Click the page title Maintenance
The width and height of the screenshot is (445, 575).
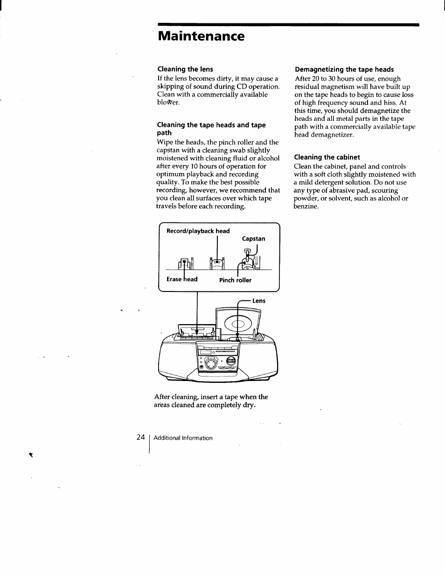click(x=201, y=36)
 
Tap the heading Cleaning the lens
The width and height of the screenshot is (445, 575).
click(x=185, y=69)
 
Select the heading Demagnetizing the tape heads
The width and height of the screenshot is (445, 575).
click(x=344, y=69)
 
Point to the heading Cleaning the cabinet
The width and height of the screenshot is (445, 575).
click(x=327, y=157)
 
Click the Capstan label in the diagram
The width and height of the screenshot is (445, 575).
click(x=253, y=239)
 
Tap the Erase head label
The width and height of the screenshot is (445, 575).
click(x=182, y=279)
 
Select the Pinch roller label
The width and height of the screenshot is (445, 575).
click(x=235, y=280)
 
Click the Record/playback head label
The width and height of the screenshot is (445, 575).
click(x=198, y=231)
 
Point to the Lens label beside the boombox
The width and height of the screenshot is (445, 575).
click(x=258, y=301)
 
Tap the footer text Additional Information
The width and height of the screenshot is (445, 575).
click(x=183, y=438)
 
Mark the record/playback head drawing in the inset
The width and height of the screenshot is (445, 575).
click(x=217, y=263)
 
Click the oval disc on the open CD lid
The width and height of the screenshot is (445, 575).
click(x=237, y=324)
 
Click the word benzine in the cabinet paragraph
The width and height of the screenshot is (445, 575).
click(x=306, y=206)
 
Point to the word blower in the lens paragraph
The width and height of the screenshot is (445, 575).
click(x=168, y=103)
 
